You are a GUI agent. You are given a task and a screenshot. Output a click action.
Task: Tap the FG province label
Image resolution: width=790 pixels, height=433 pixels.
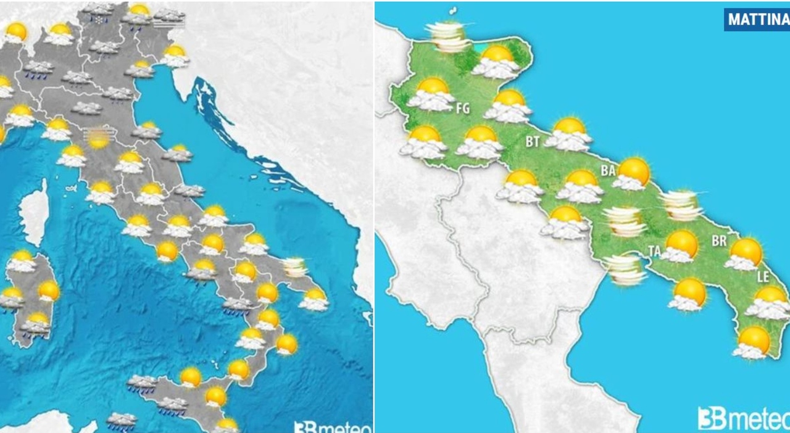pyautogui.click(x=462, y=109)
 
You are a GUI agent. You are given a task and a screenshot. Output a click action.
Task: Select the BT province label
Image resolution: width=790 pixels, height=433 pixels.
pyautogui.click(x=533, y=141)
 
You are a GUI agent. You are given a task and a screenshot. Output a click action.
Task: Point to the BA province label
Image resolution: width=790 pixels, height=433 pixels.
pyautogui.click(x=608, y=170)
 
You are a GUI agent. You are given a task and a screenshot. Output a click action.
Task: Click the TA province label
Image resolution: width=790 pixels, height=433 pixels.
pyautogui.click(x=654, y=250)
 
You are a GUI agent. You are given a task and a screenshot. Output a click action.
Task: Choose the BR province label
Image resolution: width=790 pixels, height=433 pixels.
pyautogui.click(x=719, y=241)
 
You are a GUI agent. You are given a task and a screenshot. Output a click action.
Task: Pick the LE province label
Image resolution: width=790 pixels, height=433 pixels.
pyautogui.click(x=763, y=278)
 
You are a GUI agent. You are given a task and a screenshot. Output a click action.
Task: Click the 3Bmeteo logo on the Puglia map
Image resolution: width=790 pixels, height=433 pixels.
pyautogui.click(x=743, y=418)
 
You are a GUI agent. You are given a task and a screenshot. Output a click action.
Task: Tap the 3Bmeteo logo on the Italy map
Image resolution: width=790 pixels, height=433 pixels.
pyautogui.click(x=333, y=426)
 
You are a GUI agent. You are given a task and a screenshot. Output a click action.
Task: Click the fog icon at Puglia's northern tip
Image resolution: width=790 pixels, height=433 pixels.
pyautogui.click(x=449, y=36)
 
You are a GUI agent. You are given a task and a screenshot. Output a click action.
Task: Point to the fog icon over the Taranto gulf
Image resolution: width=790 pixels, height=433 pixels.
pyautogui.click(x=625, y=270)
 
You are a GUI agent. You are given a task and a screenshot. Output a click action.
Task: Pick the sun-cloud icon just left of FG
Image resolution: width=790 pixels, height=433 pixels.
pyautogui.click(x=431, y=94)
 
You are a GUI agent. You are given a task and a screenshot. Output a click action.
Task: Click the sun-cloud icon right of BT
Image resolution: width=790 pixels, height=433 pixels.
pyautogui.click(x=568, y=134)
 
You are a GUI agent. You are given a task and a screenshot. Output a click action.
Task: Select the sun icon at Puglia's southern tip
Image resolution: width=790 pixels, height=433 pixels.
pyautogui.click(x=752, y=343)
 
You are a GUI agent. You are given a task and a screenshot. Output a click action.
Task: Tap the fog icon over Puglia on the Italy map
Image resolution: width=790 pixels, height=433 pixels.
pyautogui.click(x=294, y=267)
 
